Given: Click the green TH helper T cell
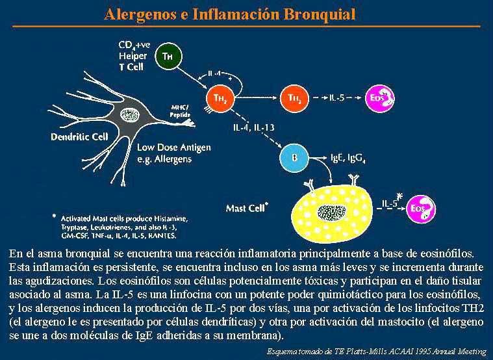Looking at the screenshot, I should point(168,57).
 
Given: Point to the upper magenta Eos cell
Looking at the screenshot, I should point(377,97).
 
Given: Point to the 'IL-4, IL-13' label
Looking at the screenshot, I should point(254,127).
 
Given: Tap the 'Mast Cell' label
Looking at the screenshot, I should point(247,209).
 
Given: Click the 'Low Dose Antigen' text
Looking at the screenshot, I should point(173,148).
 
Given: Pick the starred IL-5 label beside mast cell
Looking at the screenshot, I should point(390,203).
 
